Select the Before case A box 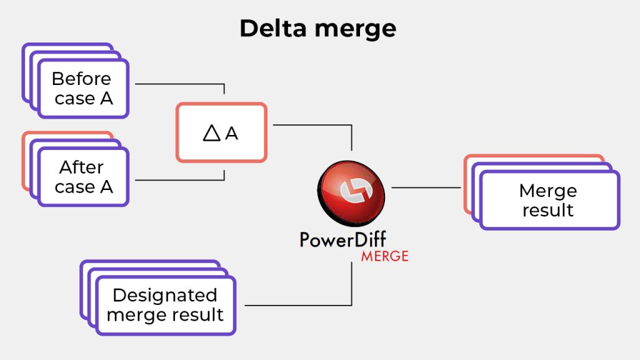pyautogui.click(x=83, y=89)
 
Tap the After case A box pyautogui.click(x=83, y=177)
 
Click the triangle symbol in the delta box pyautogui.click(x=212, y=133)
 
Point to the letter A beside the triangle pyautogui.click(x=232, y=134)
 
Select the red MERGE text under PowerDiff pyautogui.click(x=384, y=256)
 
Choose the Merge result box pyautogui.click(x=549, y=201)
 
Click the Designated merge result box pyautogui.click(x=166, y=305)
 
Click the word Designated pyautogui.click(x=165, y=295)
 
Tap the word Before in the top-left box pyautogui.click(x=81, y=79)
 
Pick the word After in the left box pyautogui.click(x=81, y=167)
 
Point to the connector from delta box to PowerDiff pyautogui.click(x=312, y=125)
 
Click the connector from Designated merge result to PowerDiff pyautogui.click(x=300, y=306)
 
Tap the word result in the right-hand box pyautogui.click(x=548, y=210)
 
